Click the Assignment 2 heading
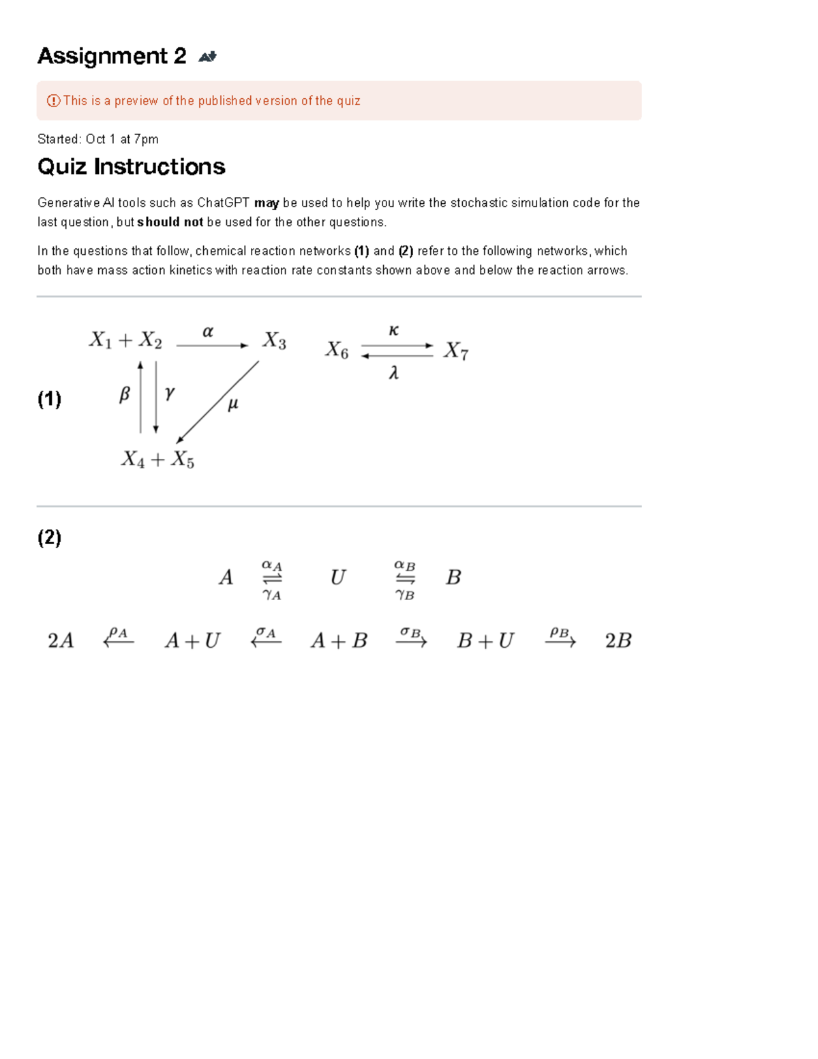[112, 56]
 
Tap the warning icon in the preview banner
[53, 101]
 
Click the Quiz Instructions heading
[131, 167]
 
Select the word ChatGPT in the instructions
[223, 203]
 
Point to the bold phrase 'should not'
[170, 222]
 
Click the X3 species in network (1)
[274, 340]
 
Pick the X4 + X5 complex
[157, 460]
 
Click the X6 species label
[337, 350]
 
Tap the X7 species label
[455, 351]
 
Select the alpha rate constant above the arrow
[208, 332]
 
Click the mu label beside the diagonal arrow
[232, 404]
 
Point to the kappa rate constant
[393, 331]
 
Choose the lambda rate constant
[393, 373]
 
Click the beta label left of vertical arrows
[124, 394]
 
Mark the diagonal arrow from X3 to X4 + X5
[217, 402]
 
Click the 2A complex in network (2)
[61, 640]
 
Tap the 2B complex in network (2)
[618, 640]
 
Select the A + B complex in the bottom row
[339, 640]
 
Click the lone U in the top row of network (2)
[337, 578]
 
